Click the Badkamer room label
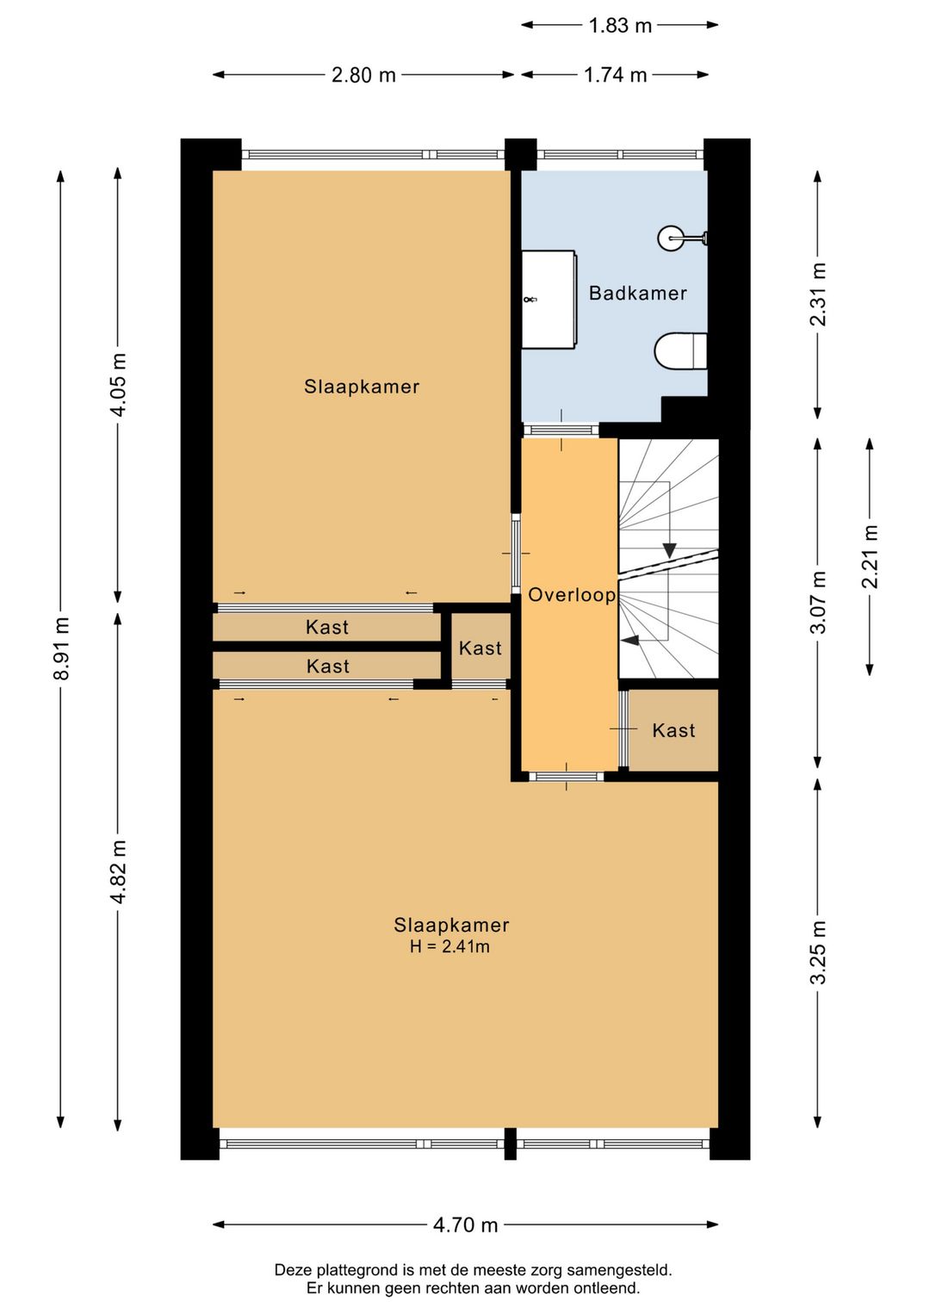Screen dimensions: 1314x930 coord(637,294)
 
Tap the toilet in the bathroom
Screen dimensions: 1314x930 coord(679,351)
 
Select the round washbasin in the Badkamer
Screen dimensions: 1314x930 coord(671,238)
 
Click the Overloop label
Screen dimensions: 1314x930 coord(572,595)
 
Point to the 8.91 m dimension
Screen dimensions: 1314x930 coord(61,648)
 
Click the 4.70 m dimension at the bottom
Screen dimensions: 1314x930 coord(465,1224)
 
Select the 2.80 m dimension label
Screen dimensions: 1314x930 coord(363,75)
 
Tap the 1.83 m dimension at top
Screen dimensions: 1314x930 coord(620,26)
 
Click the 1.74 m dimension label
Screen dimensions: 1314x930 coord(615,75)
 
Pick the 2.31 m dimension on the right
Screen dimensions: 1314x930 coord(818,294)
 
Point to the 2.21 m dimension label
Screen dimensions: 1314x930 coord(870,556)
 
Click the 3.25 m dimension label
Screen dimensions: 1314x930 coord(818,952)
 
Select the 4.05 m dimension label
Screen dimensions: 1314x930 coord(118,384)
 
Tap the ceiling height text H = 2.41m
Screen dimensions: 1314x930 coord(449,947)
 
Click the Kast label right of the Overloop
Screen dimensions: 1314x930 coord(673,731)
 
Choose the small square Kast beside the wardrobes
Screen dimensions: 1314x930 coord(480,648)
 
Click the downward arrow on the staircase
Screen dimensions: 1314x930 coord(669,549)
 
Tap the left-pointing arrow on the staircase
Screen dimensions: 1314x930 coord(629,640)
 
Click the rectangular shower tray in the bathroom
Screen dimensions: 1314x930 coord(549,300)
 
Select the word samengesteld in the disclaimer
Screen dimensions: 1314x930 coord(619,1270)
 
